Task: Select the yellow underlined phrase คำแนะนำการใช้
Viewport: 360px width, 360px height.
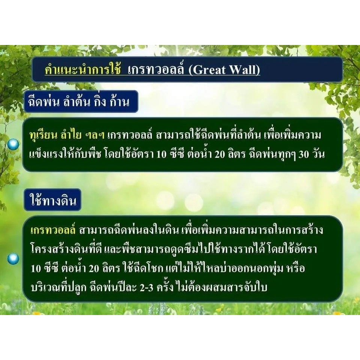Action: click(x=82, y=69)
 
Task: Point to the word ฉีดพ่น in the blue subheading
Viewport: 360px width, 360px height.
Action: click(x=43, y=102)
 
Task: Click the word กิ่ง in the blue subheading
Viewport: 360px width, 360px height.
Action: click(x=100, y=102)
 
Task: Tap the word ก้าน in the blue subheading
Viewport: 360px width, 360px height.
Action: click(x=120, y=102)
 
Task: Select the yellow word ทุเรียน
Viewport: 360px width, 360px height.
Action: click(x=43, y=135)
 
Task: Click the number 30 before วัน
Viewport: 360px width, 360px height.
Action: click(x=303, y=155)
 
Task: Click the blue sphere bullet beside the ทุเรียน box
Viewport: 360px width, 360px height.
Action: click(x=13, y=144)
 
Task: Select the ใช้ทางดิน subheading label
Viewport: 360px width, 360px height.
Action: click(x=53, y=200)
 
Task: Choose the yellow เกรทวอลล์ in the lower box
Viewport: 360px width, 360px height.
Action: click(x=53, y=230)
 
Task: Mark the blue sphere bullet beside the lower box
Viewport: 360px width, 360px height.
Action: click(x=13, y=259)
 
